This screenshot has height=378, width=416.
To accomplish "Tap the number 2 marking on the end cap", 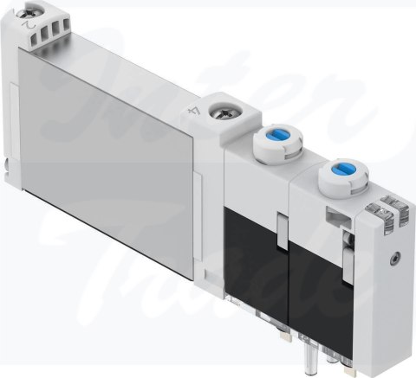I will click(32, 31).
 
